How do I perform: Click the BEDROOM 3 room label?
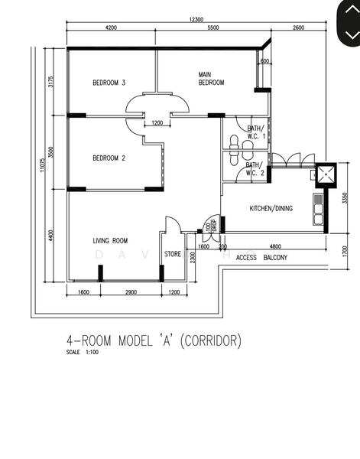pos(109,83)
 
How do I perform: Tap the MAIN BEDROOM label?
pos(211,79)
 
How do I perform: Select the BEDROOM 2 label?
pos(109,158)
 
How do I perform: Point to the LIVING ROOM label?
pos(110,241)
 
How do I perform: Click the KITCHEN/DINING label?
pos(271,208)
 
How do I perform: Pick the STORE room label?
pos(173,254)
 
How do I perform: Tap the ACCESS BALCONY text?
pos(262,258)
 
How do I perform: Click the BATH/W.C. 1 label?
pos(255,132)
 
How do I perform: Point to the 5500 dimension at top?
pos(212,28)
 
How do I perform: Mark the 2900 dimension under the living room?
pos(131,293)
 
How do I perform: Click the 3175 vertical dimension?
pos(51,82)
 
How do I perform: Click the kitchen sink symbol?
pos(317,209)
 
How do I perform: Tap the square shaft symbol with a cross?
pos(326,175)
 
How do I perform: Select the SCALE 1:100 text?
pos(82,353)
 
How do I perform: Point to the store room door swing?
pos(171,225)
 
